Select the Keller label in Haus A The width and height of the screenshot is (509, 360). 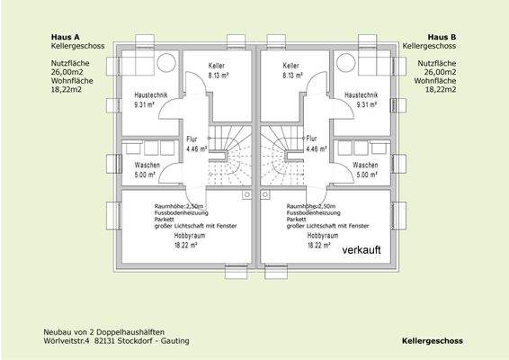coord(216,67)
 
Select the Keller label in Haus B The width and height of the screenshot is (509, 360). coord(290,67)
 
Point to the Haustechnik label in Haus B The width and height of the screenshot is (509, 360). coord(360,94)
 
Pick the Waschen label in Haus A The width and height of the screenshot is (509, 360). coord(147,166)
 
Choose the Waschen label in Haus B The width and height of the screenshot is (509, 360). coord(364,166)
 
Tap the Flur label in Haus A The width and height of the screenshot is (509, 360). coord(192,139)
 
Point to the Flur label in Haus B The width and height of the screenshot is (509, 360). coord(311,139)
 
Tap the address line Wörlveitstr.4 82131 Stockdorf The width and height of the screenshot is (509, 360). coord(116,341)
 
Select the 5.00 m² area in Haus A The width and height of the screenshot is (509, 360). coord(147,175)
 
